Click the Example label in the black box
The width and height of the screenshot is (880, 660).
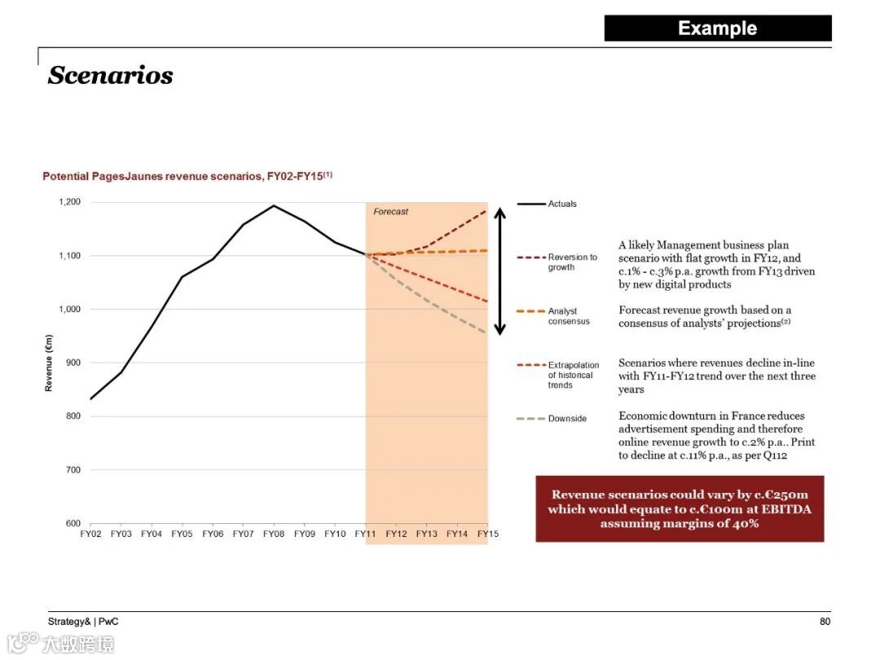tap(717, 29)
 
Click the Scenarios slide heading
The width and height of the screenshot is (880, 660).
tap(111, 75)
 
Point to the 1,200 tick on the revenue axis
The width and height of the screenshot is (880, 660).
tap(69, 202)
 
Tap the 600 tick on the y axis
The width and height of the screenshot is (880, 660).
tap(73, 523)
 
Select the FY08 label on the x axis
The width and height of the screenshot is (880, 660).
tap(274, 534)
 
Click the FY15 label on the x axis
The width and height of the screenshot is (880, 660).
tap(487, 534)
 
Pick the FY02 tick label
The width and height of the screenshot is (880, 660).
tap(90, 534)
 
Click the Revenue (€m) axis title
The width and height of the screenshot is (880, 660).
tap(49, 363)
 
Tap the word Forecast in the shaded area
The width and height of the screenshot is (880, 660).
tap(391, 212)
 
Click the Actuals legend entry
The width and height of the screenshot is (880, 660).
tap(562, 204)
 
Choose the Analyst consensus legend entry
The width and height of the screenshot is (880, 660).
tap(569, 316)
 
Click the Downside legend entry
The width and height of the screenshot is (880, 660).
tap(567, 419)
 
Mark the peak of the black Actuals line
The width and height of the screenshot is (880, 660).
tap(274, 205)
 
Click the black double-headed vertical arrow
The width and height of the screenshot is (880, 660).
tap(500, 271)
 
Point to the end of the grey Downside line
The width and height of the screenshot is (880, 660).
tap(486, 332)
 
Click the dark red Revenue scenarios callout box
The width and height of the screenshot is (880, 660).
tap(680, 508)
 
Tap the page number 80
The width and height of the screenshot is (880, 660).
tap(825, 622)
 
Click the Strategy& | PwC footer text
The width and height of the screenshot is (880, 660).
tap(83, 622)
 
